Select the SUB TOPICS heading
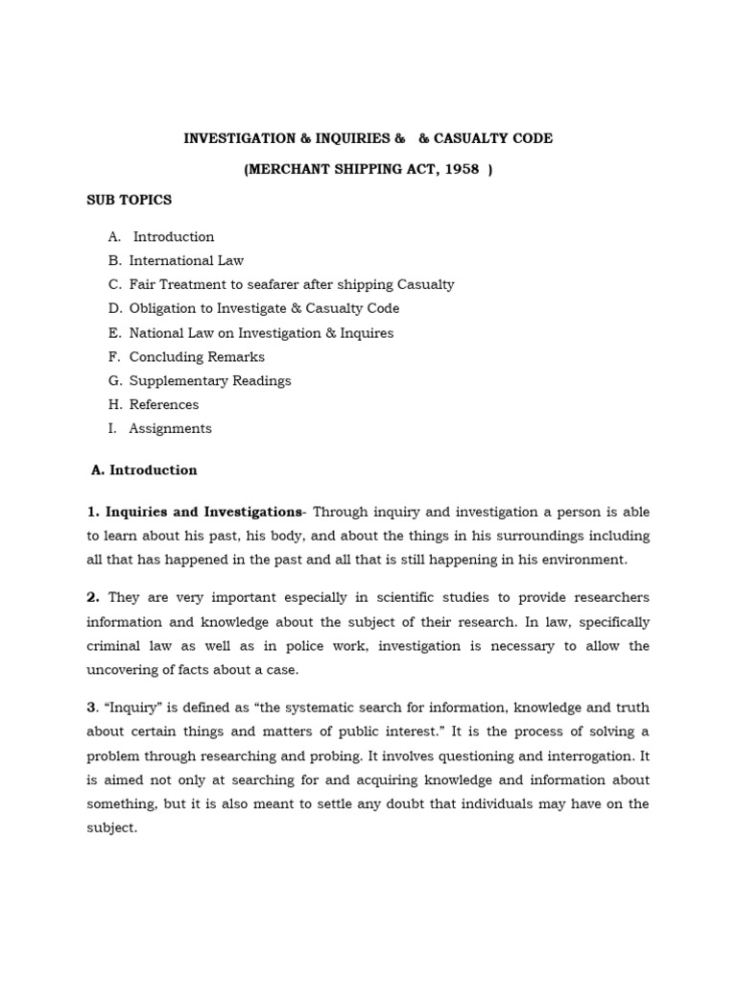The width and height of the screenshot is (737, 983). coord(129,200)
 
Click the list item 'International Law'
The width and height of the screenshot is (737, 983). coord(186,260)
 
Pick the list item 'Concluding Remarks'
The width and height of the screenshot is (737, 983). coord(197,356)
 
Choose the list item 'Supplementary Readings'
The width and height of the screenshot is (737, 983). coord(210,380)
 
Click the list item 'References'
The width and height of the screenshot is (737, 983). coord(164,404)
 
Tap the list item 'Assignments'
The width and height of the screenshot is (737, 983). coord(170,428)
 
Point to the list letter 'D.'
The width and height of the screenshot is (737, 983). coord(115,308)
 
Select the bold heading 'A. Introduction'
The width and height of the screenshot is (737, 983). coord(144,470)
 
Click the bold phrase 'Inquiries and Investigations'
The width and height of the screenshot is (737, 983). coord(202,511)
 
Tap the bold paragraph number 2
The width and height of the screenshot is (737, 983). coord(92,597)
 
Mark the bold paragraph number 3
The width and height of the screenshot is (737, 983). coord(92,707)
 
